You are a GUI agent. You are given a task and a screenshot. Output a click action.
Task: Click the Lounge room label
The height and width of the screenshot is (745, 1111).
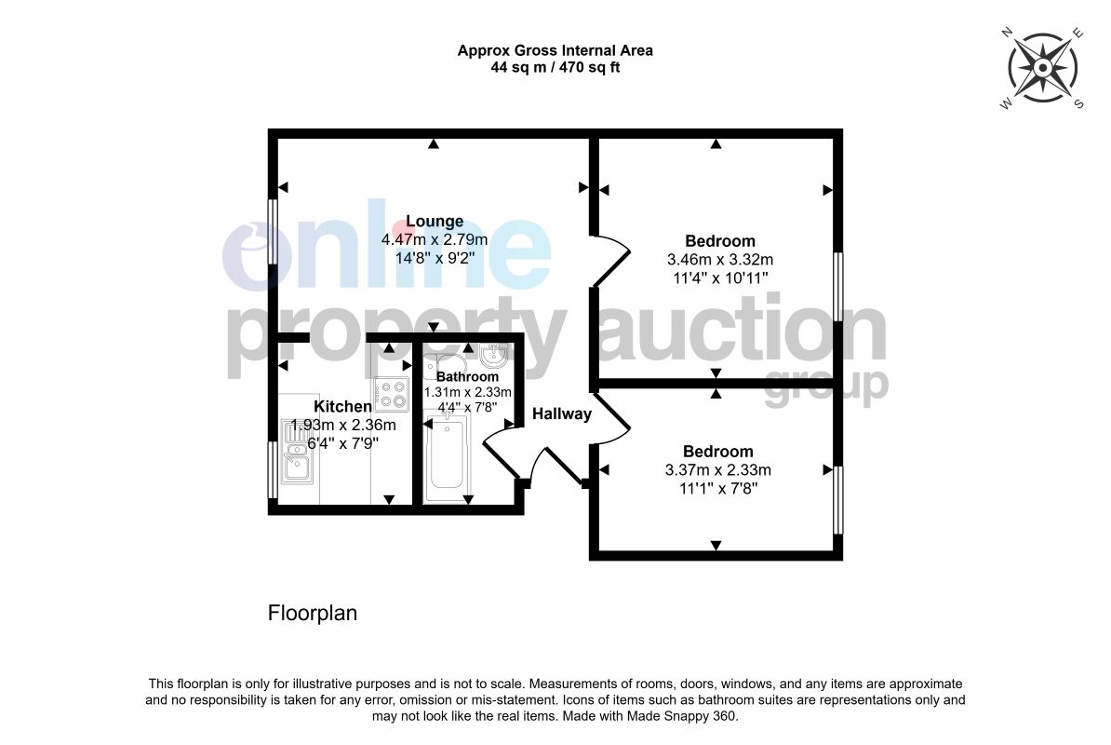(435, 221)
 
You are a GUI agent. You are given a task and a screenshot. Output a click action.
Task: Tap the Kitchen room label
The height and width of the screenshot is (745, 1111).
(342, 406)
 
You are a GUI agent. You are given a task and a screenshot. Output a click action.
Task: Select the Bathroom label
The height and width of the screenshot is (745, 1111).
(467, 377)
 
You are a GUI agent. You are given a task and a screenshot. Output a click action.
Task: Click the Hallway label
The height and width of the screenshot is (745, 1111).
(562, 414)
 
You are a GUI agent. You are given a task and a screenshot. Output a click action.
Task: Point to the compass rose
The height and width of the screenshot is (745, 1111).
(1042, 68)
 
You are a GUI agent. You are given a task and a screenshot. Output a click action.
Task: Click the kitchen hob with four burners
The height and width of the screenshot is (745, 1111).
(391, 395)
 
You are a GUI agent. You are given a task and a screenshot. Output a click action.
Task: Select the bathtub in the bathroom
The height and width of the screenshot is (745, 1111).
(447, 454)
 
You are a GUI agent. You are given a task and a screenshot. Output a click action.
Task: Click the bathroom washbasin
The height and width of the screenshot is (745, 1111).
(491, 355)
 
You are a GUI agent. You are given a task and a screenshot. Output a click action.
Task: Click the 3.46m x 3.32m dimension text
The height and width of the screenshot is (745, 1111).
(720, 260)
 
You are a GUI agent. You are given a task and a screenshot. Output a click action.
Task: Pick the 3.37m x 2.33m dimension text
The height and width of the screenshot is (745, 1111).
(717, 470)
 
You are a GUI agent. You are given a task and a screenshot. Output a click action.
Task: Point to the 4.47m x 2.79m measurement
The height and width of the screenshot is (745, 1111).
(435, 239)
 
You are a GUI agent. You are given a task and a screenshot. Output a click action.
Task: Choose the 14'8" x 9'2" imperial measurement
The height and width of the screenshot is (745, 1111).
(435, 258)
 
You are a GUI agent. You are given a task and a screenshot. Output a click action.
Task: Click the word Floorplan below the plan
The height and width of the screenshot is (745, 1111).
(313, 613)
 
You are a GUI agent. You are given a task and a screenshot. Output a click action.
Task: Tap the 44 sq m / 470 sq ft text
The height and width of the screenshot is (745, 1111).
(555, 68)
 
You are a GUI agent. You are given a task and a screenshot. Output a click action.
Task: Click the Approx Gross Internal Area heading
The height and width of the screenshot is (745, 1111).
(555, 50)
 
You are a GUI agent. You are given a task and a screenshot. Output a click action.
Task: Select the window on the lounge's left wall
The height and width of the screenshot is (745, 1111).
(272, 231)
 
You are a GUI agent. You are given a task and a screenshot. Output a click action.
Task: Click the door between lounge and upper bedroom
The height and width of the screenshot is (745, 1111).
(610, 260)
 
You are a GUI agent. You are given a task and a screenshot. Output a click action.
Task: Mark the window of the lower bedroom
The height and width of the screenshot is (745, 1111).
(838, 500)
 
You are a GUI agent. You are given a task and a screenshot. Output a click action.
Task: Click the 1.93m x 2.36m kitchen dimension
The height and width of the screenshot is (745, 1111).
(343, 426)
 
